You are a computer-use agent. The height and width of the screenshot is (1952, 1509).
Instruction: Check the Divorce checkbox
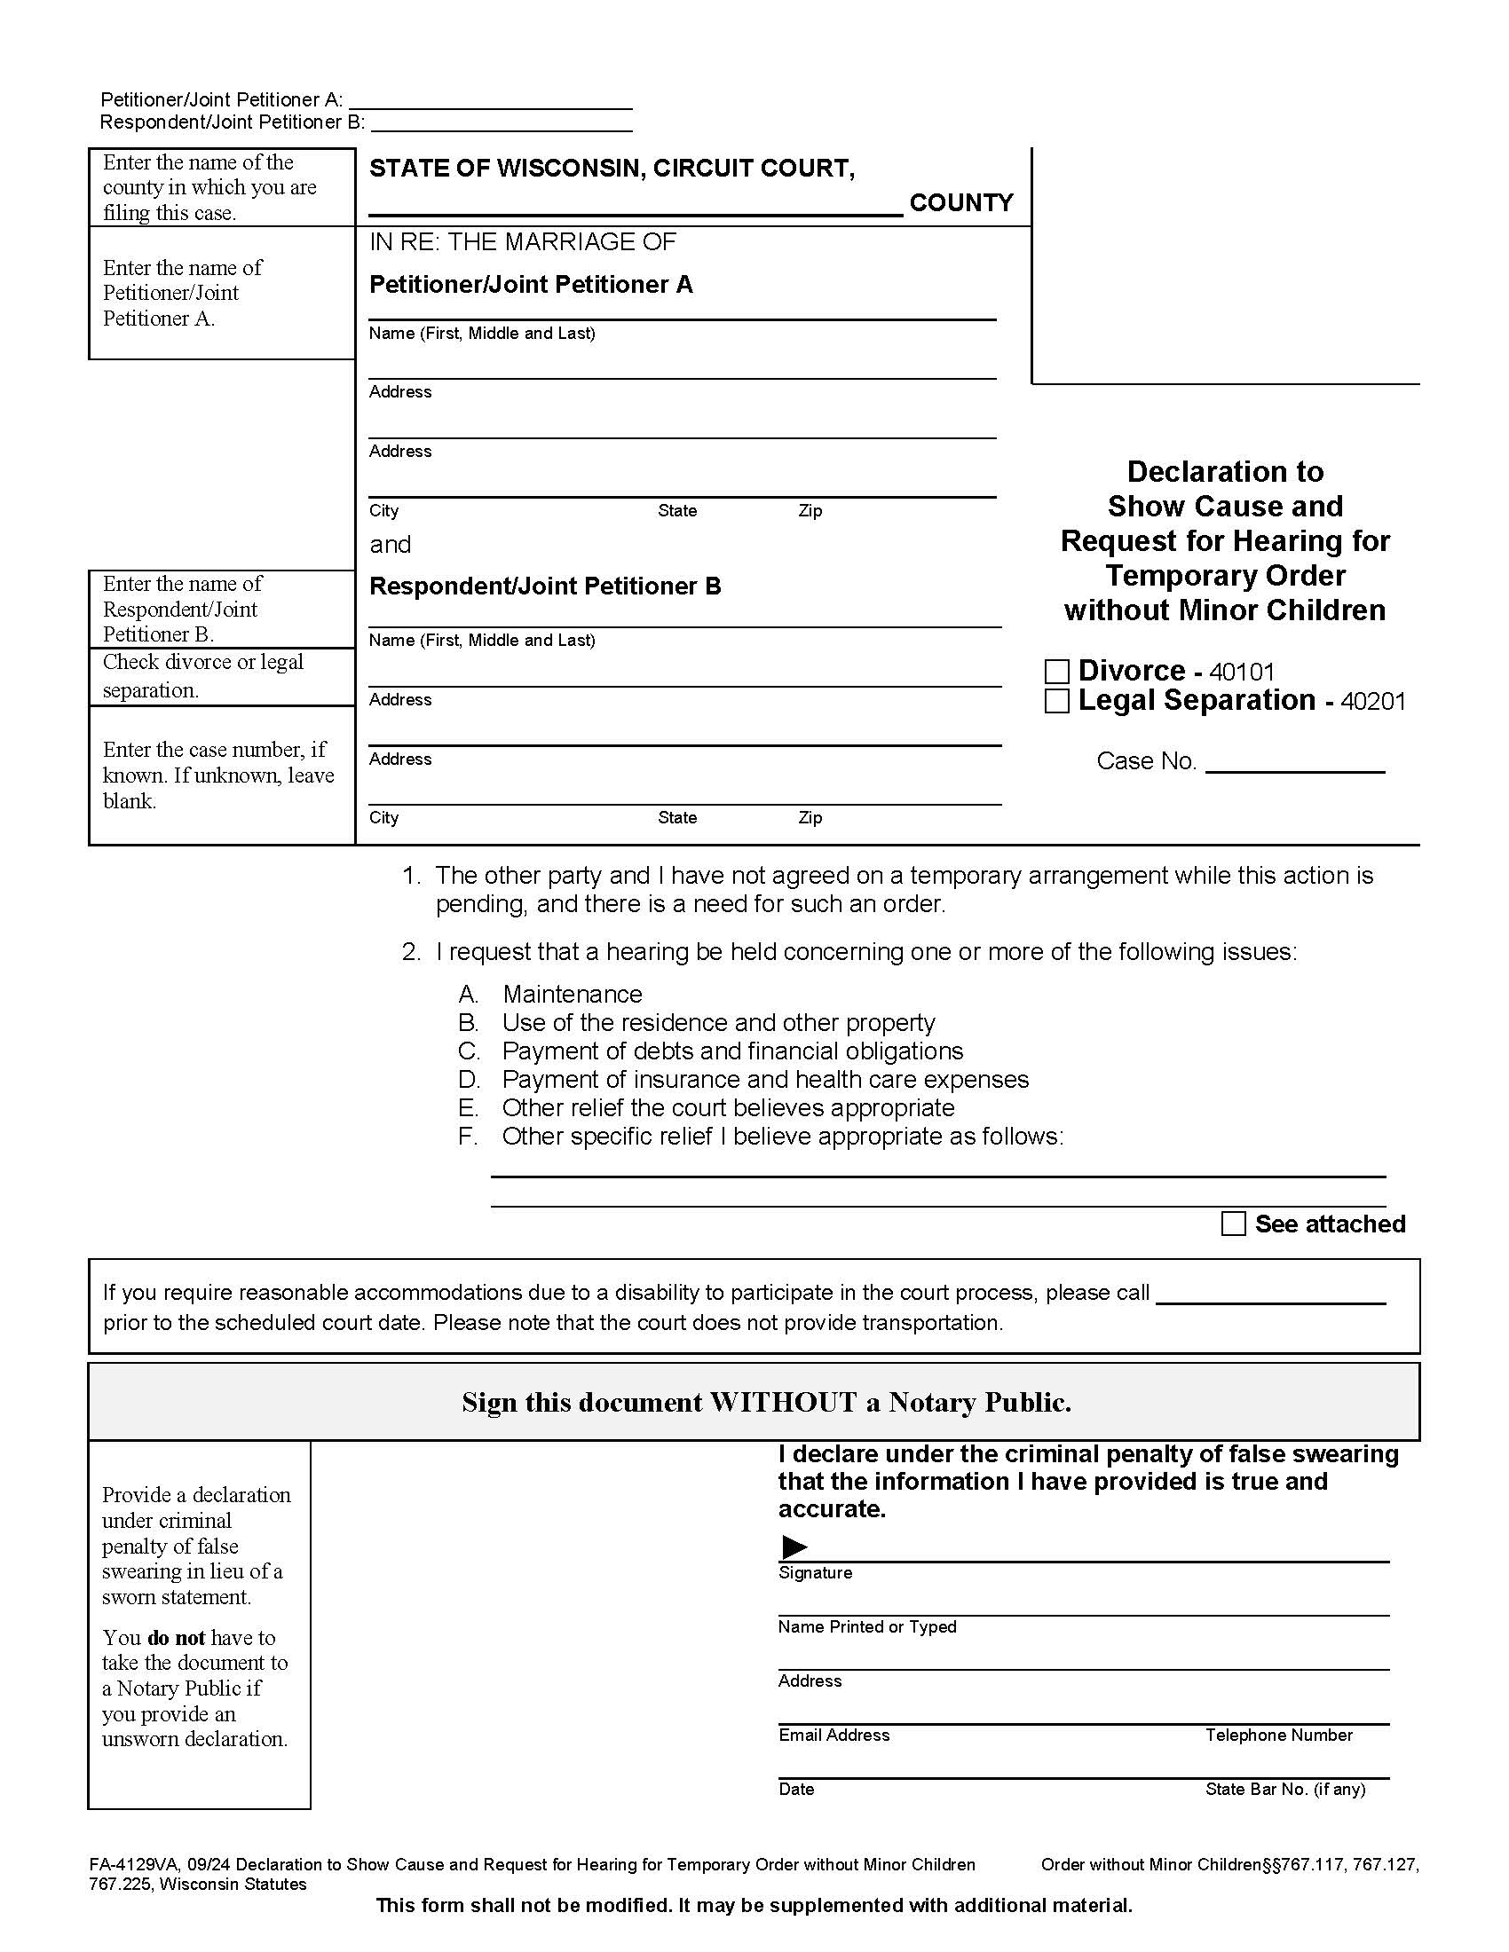[x=1056, y=672]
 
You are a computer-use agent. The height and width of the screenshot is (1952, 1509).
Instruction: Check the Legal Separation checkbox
[x=1056, y=701]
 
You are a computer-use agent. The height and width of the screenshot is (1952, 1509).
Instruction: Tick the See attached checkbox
[x=1233, y=1224]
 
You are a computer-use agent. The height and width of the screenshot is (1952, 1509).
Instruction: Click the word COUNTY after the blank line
[x=961, y=203]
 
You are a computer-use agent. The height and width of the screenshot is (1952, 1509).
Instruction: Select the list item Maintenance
[x=573, y=994]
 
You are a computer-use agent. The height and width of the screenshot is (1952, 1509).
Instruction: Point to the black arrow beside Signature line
[x=794, y=1547]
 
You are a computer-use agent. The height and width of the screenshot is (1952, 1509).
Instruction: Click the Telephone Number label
[x=1278, y=1735]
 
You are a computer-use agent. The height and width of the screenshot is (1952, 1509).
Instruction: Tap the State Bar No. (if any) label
[x=1284, y=1789]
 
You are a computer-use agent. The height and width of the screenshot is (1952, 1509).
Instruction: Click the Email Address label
[x=834, y=1735]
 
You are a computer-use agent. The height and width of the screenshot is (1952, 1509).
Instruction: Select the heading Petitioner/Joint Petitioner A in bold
[x=531, y=284]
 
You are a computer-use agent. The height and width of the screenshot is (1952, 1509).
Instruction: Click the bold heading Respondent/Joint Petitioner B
[x=544, y=586]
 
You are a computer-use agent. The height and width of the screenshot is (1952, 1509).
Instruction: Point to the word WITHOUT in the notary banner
[x=783, y=1402]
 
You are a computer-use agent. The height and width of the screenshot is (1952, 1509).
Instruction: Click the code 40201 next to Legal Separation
[x=1373, y=702]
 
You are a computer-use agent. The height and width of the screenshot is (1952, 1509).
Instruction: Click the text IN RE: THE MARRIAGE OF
[x=522, y=242]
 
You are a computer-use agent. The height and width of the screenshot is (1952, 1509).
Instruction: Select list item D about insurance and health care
[x=764, y=1079]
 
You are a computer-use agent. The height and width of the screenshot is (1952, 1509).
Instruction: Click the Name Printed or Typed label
[x=866, y=1626]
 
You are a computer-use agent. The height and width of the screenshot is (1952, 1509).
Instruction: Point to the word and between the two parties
[x=391, y=544]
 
